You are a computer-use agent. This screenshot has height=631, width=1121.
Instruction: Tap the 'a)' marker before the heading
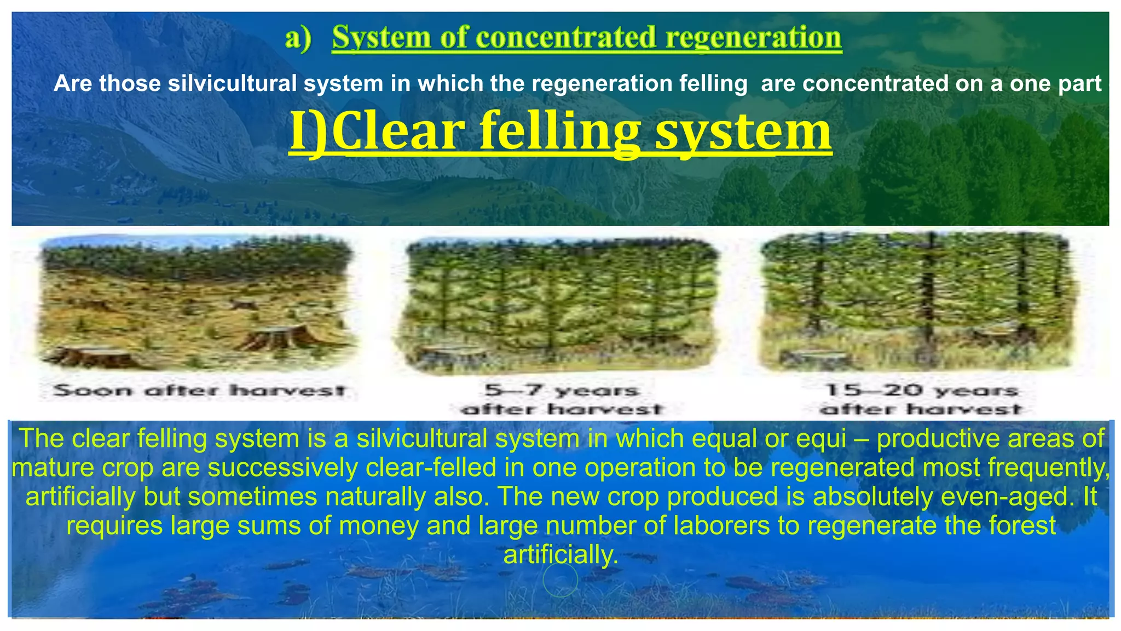click(298, 38)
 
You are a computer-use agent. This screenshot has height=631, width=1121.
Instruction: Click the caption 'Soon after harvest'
click(200, 391)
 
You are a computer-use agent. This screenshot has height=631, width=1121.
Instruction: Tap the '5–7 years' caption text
click(562, 391)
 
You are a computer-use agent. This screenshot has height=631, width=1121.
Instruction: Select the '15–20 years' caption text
click(922, 391)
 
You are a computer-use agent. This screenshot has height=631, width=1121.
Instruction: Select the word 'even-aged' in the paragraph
click(1017, 497)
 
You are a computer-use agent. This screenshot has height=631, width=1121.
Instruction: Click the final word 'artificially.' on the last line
click(560, 555)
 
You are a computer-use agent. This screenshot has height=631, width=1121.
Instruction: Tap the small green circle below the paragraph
click(560, 580)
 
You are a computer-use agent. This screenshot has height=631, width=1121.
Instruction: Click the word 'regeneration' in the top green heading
click(754, 37)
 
